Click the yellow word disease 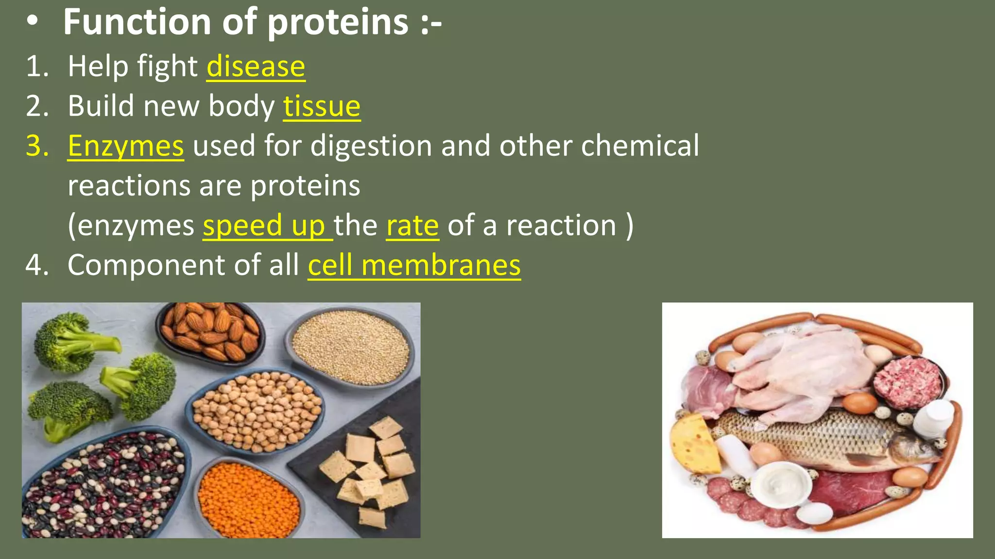click(256, 66)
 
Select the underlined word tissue click(322, 106)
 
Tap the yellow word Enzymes click(126, 146)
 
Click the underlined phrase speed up click(264, 226)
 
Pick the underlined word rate click(412, 226)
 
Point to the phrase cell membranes click(414, 265)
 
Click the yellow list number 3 click(37, 146)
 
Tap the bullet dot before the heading click(33, 22)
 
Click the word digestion click(371, 146)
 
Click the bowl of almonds click(210, 331)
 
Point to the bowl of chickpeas click(256, 411)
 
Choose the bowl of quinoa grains click(351, 345)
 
